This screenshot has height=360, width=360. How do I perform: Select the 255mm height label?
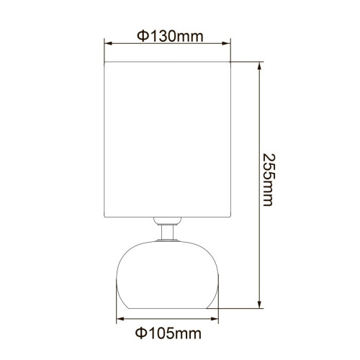(267, 180)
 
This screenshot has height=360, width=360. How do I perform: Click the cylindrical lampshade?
(169, 137)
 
